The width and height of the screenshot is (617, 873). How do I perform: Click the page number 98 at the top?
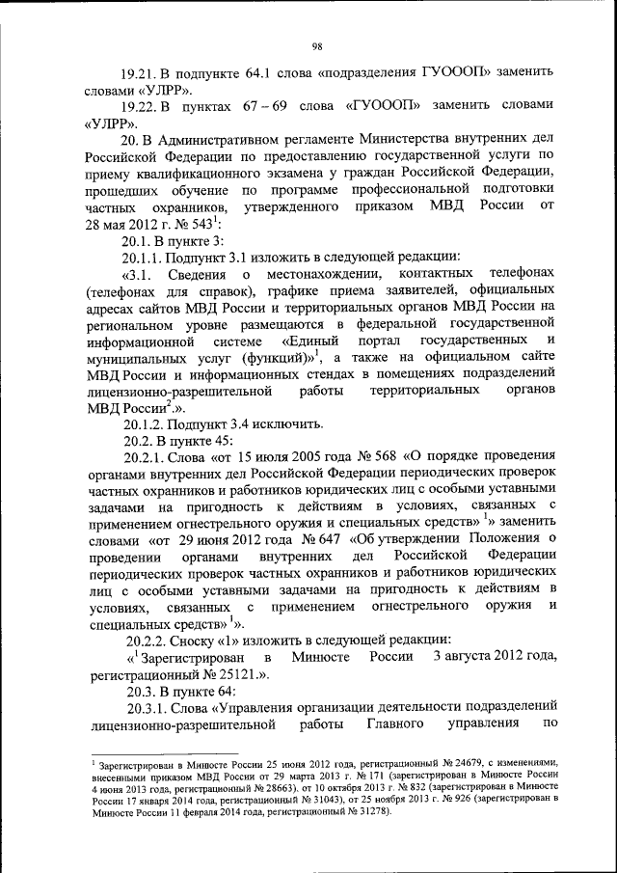(x=315, y=45)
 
